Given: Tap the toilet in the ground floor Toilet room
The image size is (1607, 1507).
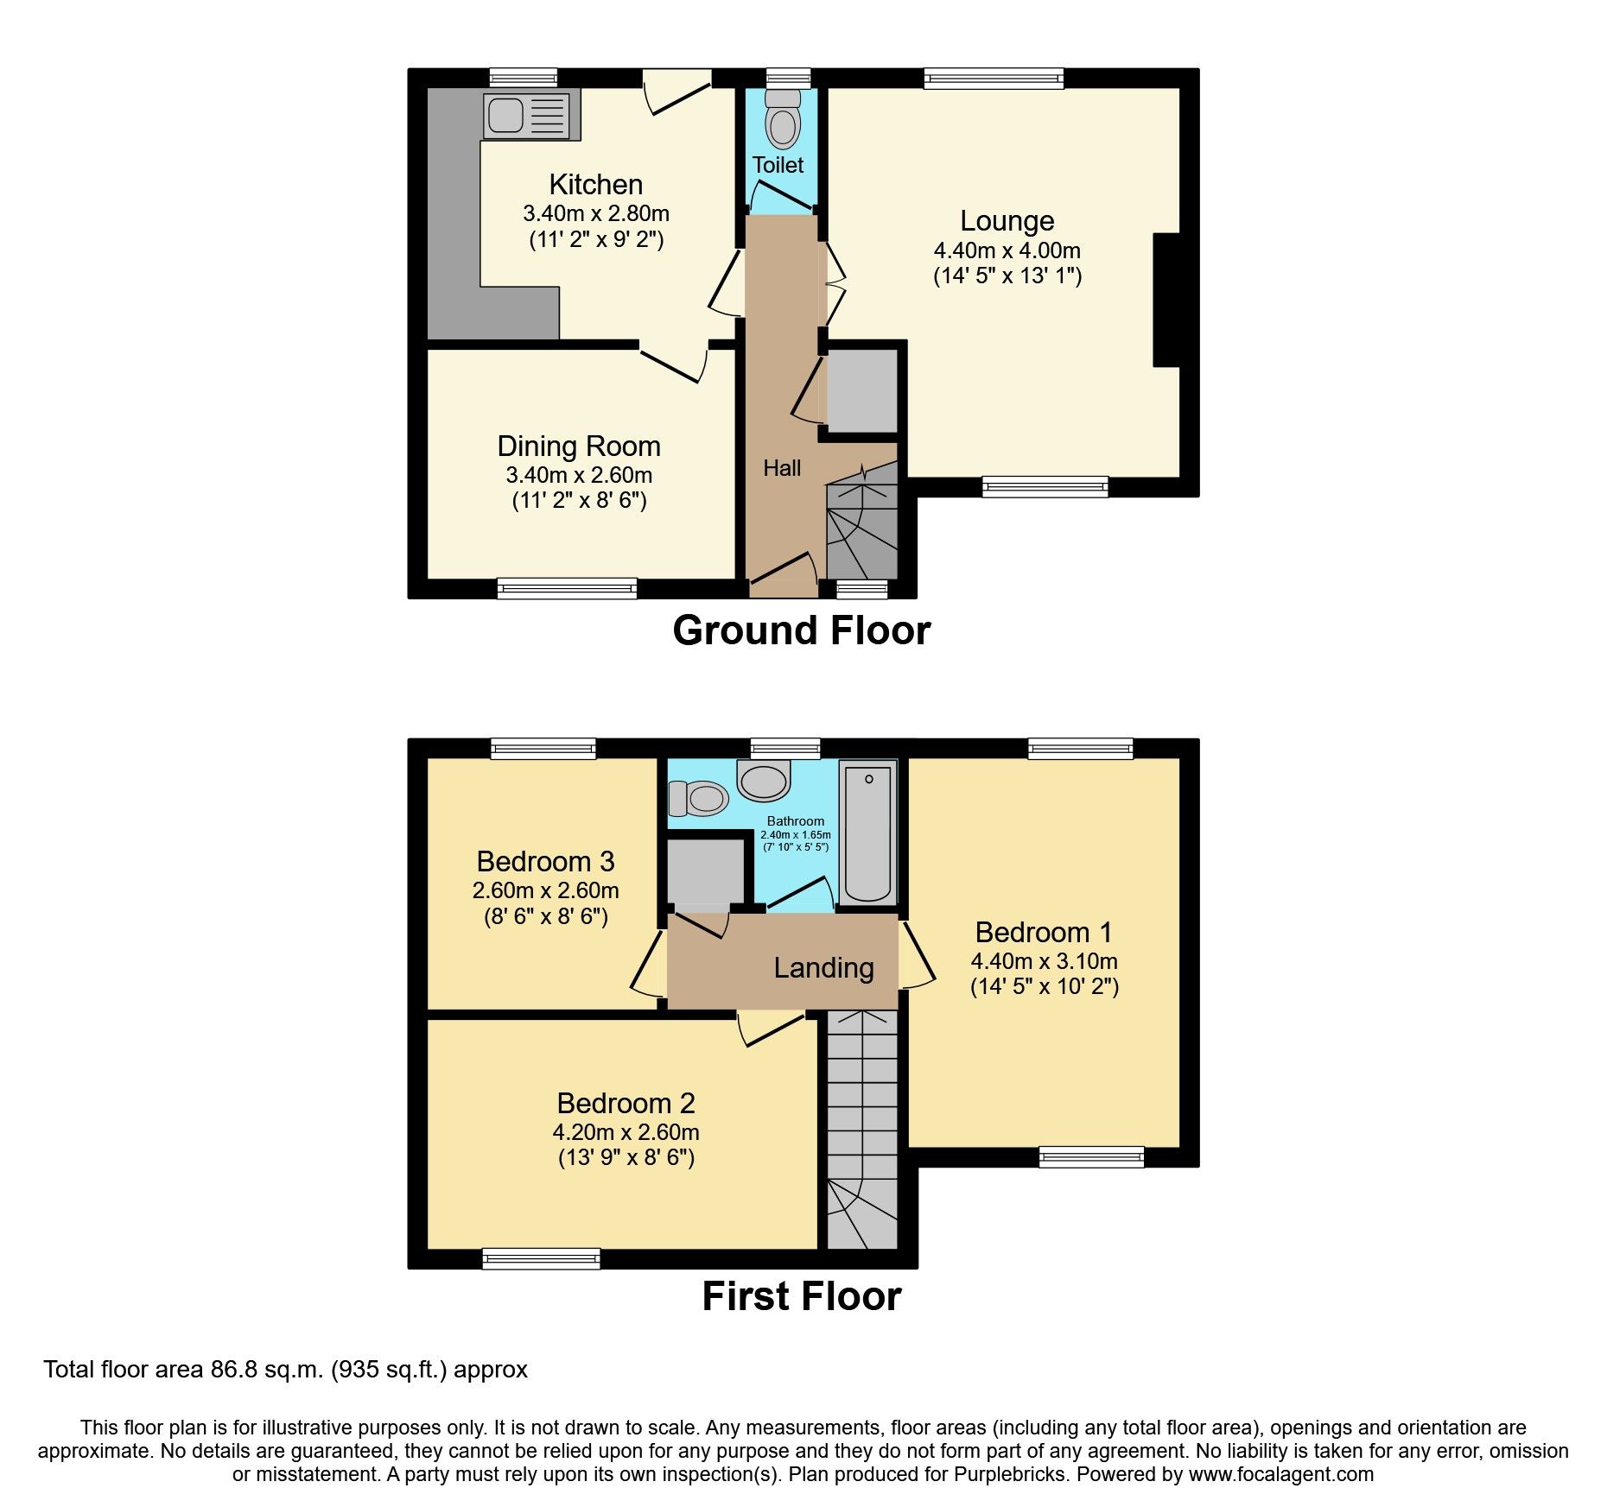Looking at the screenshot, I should coord(783,123).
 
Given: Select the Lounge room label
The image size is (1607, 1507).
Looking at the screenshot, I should coord(1007,221).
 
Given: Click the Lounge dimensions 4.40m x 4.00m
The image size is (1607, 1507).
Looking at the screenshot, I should coord(1007,250).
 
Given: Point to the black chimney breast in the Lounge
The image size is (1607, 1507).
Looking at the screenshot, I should coord(1166,300).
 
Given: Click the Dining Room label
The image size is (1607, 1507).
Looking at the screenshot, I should coord(578,446).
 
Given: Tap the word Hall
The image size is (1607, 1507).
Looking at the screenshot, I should coord(782,468).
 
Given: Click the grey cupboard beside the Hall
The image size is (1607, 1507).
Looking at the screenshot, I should coord(861,390).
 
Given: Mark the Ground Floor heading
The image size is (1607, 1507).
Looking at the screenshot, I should coord(801,630).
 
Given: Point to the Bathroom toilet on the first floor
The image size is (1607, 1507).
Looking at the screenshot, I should coord(698,798).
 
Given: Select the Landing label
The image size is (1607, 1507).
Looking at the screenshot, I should coord(823,968).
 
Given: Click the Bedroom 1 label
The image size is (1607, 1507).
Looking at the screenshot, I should coord(1043,933).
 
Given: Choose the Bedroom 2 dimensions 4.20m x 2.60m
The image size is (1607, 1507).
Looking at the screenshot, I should coord(626,1132).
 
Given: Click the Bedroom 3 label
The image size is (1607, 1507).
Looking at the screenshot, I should coord(545,862).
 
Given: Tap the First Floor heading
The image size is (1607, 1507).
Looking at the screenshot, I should coord(801,1296).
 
